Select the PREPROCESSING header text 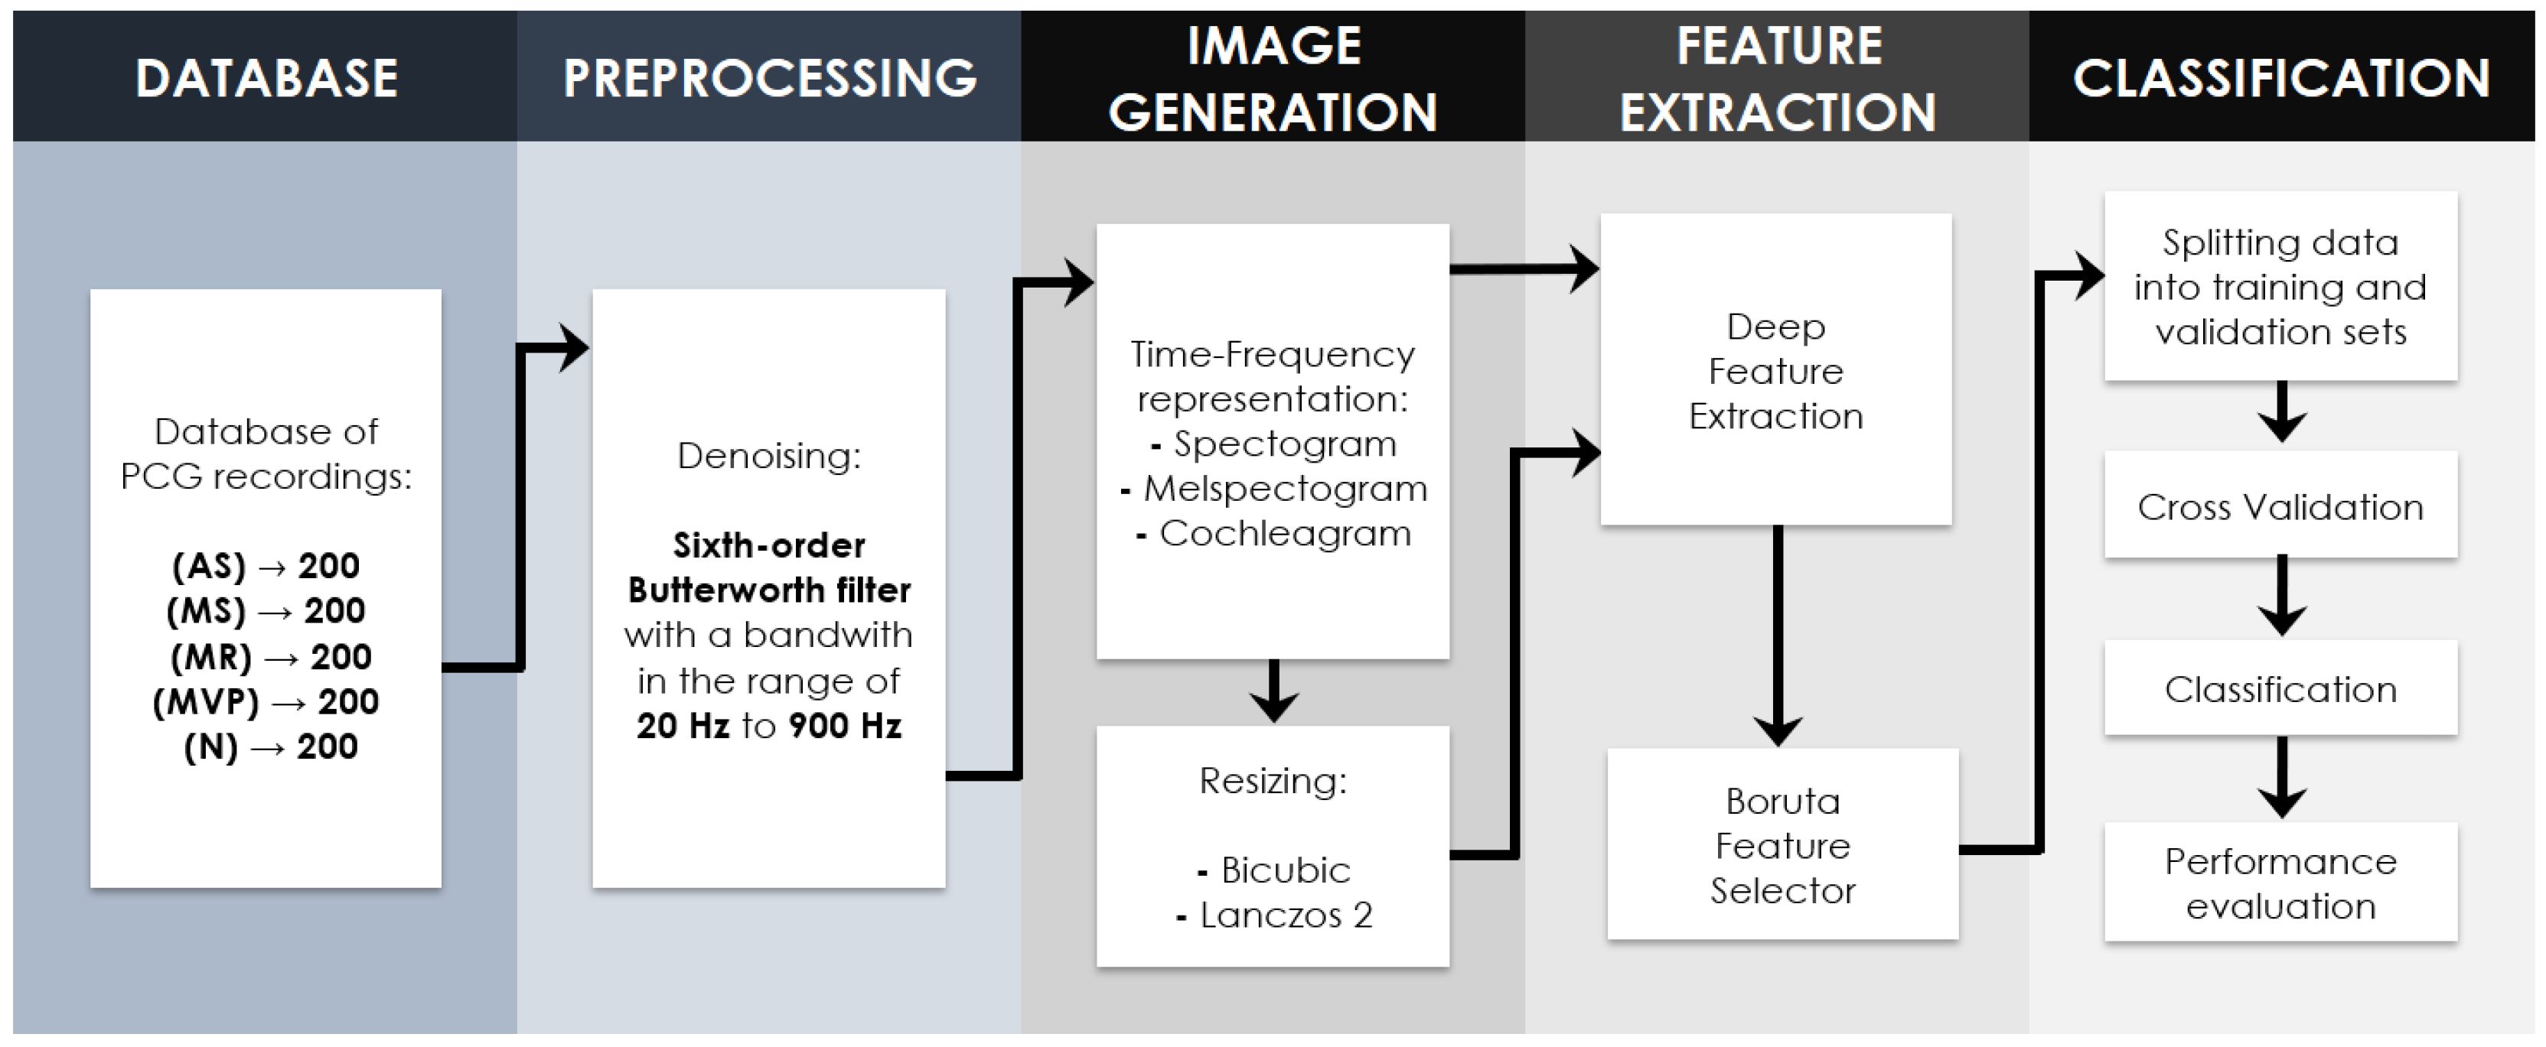(x=769, y=78)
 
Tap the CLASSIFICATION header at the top (x=2281, y=78)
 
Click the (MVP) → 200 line (x=266, y=701)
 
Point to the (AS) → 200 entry (x=266, y=566)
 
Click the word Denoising (x=769, y=455)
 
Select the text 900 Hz (x=845, y=726)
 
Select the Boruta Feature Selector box (x=1782, y=846)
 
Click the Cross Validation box (x=2280, y=507)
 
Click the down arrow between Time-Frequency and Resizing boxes (x=1273, y=691)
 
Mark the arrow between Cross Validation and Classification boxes (x=2281, y=597)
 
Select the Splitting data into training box (x=2280, y=287)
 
